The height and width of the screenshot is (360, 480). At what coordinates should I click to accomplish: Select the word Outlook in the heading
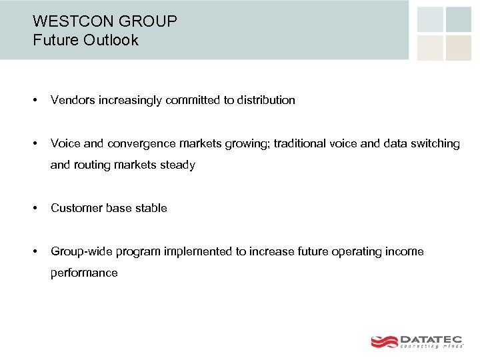point(111,40)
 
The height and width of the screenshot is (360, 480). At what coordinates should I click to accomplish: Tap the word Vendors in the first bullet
point(73,100)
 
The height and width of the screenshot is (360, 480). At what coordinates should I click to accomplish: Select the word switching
point(435,143)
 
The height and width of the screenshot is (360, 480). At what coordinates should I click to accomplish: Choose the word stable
point(151,208)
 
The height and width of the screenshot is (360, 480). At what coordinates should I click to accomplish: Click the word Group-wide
point(81,251)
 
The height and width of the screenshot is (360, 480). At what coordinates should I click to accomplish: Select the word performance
point(84,273)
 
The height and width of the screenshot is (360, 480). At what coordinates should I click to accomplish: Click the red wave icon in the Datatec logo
point(384,341)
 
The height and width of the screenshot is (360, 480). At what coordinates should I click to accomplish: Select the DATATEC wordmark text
point(431,339)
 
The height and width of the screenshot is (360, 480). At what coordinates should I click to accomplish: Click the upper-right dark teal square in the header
point(459,19)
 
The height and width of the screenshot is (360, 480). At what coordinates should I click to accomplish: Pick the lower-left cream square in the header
point(430,47)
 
